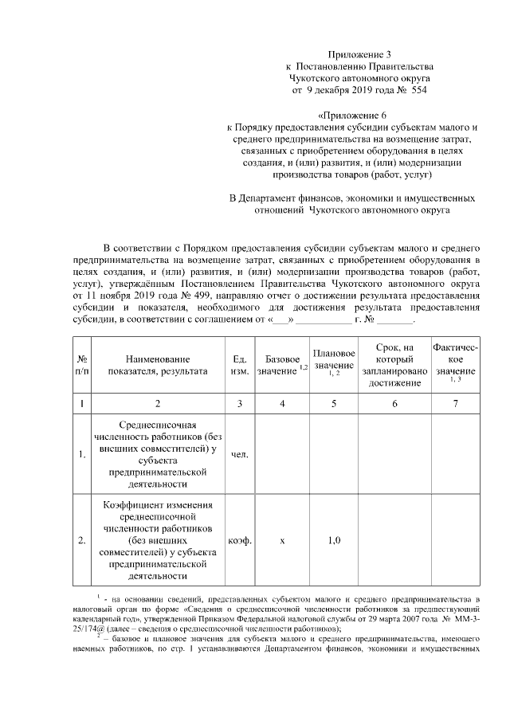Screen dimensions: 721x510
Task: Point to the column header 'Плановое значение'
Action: (334, 360)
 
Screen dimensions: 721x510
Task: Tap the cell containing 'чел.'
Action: (240, 455)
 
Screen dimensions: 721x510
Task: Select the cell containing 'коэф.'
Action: (240, 540)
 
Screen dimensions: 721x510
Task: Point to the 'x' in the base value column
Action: (282, 540)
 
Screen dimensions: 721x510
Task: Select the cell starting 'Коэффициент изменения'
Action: (158, 540)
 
